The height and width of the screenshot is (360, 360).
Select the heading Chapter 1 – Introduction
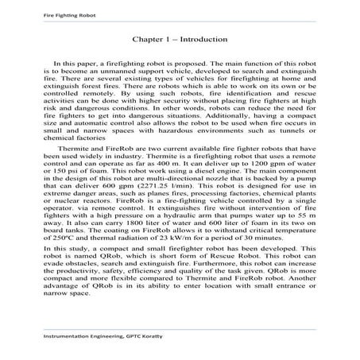(x=180, y=37)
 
